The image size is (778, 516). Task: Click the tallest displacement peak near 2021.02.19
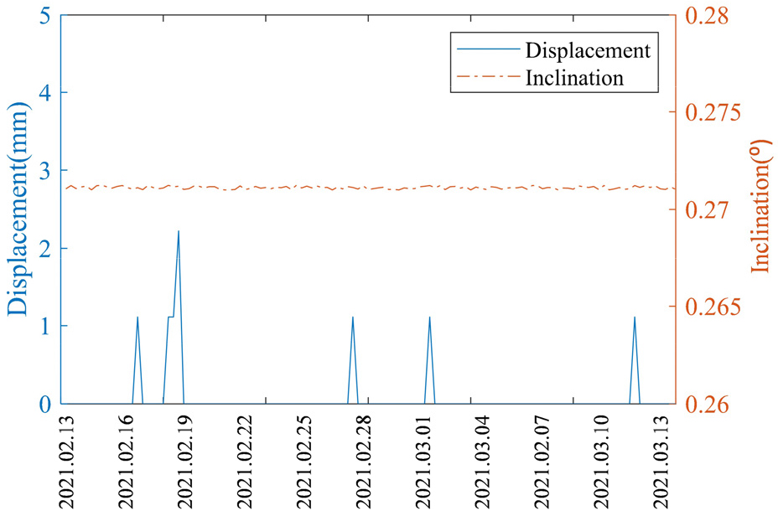(x=179, y=232)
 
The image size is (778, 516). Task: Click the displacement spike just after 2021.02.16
(x=137, y=318)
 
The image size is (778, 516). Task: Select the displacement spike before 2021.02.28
(x=353, y=318)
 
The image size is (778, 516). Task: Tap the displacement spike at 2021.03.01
(x=429, y=318)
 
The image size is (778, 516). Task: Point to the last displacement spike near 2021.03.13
(x=635, y=318)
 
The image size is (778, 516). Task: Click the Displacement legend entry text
(x=588, y=50)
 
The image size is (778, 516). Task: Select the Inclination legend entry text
(x=574, y=79)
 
